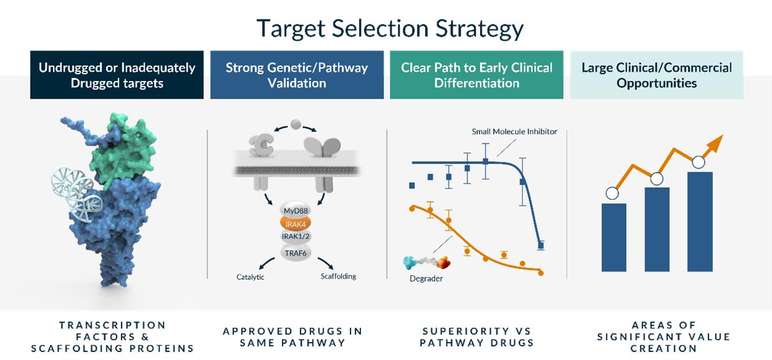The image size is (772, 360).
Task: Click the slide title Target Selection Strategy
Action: coord(390,29)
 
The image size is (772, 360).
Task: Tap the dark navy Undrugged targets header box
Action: coord(117,75)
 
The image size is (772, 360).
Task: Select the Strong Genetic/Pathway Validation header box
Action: coord(297,75)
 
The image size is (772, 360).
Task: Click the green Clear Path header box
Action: coord(476,75)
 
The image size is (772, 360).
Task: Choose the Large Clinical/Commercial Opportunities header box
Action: coord(657,75)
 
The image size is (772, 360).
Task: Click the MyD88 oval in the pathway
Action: coord(296,210)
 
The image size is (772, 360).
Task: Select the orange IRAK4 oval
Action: coord(296,224)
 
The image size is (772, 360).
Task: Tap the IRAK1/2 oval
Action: coord(296,236)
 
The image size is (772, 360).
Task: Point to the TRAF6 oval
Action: coord(296,253)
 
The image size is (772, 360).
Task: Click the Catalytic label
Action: coord(250,277)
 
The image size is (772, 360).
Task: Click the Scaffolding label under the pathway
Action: coord(338,276)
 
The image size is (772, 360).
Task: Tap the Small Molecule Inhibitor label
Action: coord(514,132)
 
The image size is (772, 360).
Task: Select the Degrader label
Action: coord(426,278)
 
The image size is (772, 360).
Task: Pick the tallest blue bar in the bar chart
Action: coord(700,221)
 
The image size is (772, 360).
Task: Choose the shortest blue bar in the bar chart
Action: coord(614,237)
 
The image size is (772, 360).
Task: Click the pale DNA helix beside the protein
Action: coord(77,194)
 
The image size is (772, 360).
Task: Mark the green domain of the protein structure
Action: coord(124,148)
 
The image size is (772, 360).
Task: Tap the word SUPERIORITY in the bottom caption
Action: coord(466,331)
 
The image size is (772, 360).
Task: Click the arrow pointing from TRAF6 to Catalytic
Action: coord(266,263)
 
